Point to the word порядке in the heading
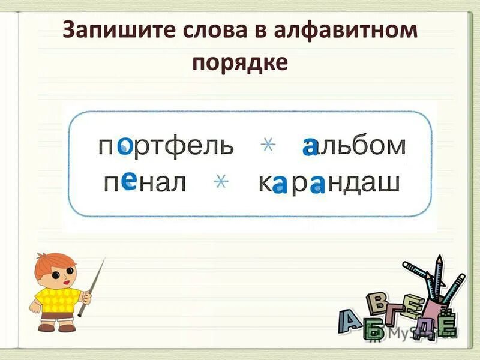tap(240, 62)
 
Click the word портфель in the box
tap(165, 146)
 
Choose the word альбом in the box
tap(355, 145)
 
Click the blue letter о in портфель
tap(125, 145)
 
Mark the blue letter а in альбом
tap(310, 145)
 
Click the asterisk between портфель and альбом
tap(268, 145)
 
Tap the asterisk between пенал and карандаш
tap(221, 182)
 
